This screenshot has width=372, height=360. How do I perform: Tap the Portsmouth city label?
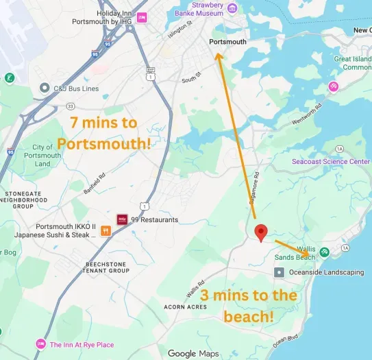[x=227, y=42]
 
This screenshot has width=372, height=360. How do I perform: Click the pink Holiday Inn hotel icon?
[x=141, y=17]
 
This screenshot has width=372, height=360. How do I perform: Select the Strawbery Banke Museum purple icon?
[x=232, y=9]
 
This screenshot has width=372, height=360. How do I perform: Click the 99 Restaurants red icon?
[x=123, y=219]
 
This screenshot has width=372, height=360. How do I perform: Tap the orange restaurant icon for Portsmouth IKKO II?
[x=106, y=230]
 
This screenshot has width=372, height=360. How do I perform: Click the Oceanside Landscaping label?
[x=326, y=272]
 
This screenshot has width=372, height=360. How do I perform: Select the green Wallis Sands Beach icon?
[x=325, y=252]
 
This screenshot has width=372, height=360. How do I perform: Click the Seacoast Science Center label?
[x=331, y=161]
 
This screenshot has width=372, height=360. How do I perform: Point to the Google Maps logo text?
[x=193, y=353]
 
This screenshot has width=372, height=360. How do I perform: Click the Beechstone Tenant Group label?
[x=107, y=267]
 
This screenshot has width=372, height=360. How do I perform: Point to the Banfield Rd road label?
[x=95, y=184]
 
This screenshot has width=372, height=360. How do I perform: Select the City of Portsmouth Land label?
[x=42, y=156]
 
